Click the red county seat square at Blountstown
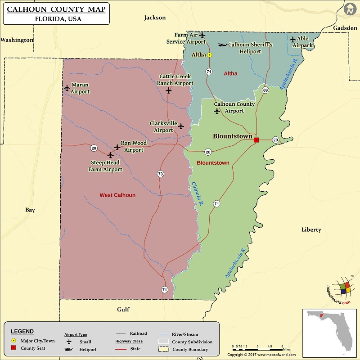click(256, 140)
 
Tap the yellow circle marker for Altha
click(209, 55)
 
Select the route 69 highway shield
click(265, 90)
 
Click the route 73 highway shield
click(160, 173)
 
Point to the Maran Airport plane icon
click(67, 87)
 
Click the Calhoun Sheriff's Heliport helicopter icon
click(222, 45)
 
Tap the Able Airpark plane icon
click(293, 40)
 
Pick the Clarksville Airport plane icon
click(181, 126)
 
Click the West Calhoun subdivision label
click(117, 195)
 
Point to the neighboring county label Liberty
click(311, 229)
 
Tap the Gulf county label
click(123, 309)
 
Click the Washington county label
click(17, 40)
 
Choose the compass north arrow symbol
click(350, 9)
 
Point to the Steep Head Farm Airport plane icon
click(110, 155)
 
